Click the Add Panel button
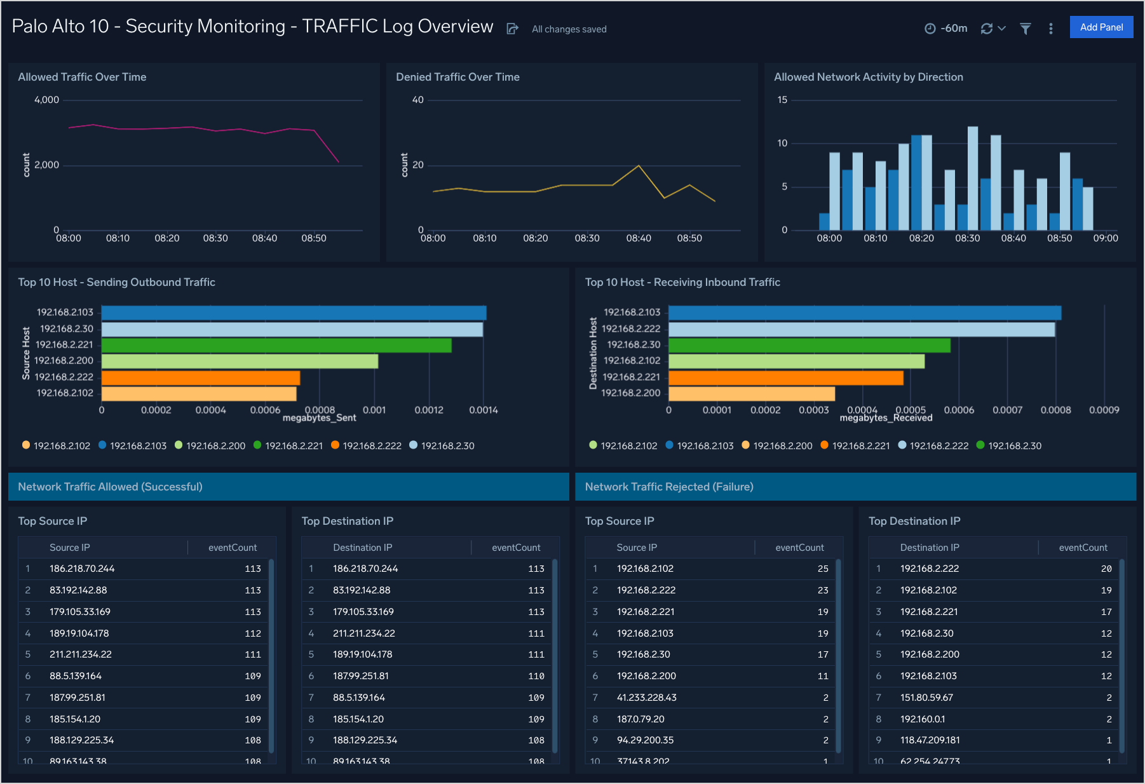point(1101,27)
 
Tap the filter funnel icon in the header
point(1025,29)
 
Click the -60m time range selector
point(946,29)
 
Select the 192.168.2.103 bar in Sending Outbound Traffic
point(294,313)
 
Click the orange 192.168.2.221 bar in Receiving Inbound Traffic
point(785,377)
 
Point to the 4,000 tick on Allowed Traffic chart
point(46,100)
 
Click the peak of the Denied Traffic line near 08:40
point(639,166)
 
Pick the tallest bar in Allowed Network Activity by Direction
point(972,178)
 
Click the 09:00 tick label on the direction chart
point(1105,238)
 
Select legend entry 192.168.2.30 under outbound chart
point(447,445)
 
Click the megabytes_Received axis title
point(886,418)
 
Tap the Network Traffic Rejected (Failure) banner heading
point(668,487)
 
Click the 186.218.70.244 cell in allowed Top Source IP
point(82,569)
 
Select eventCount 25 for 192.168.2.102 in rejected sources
point(822,569)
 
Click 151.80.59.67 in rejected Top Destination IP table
point(926,698)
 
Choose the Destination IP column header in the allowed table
point(362,548)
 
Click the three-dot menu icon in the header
point(1050,29)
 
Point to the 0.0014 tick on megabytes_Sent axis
point(483,410)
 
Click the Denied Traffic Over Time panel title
point(457,77)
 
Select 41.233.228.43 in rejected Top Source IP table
point(646,698)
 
